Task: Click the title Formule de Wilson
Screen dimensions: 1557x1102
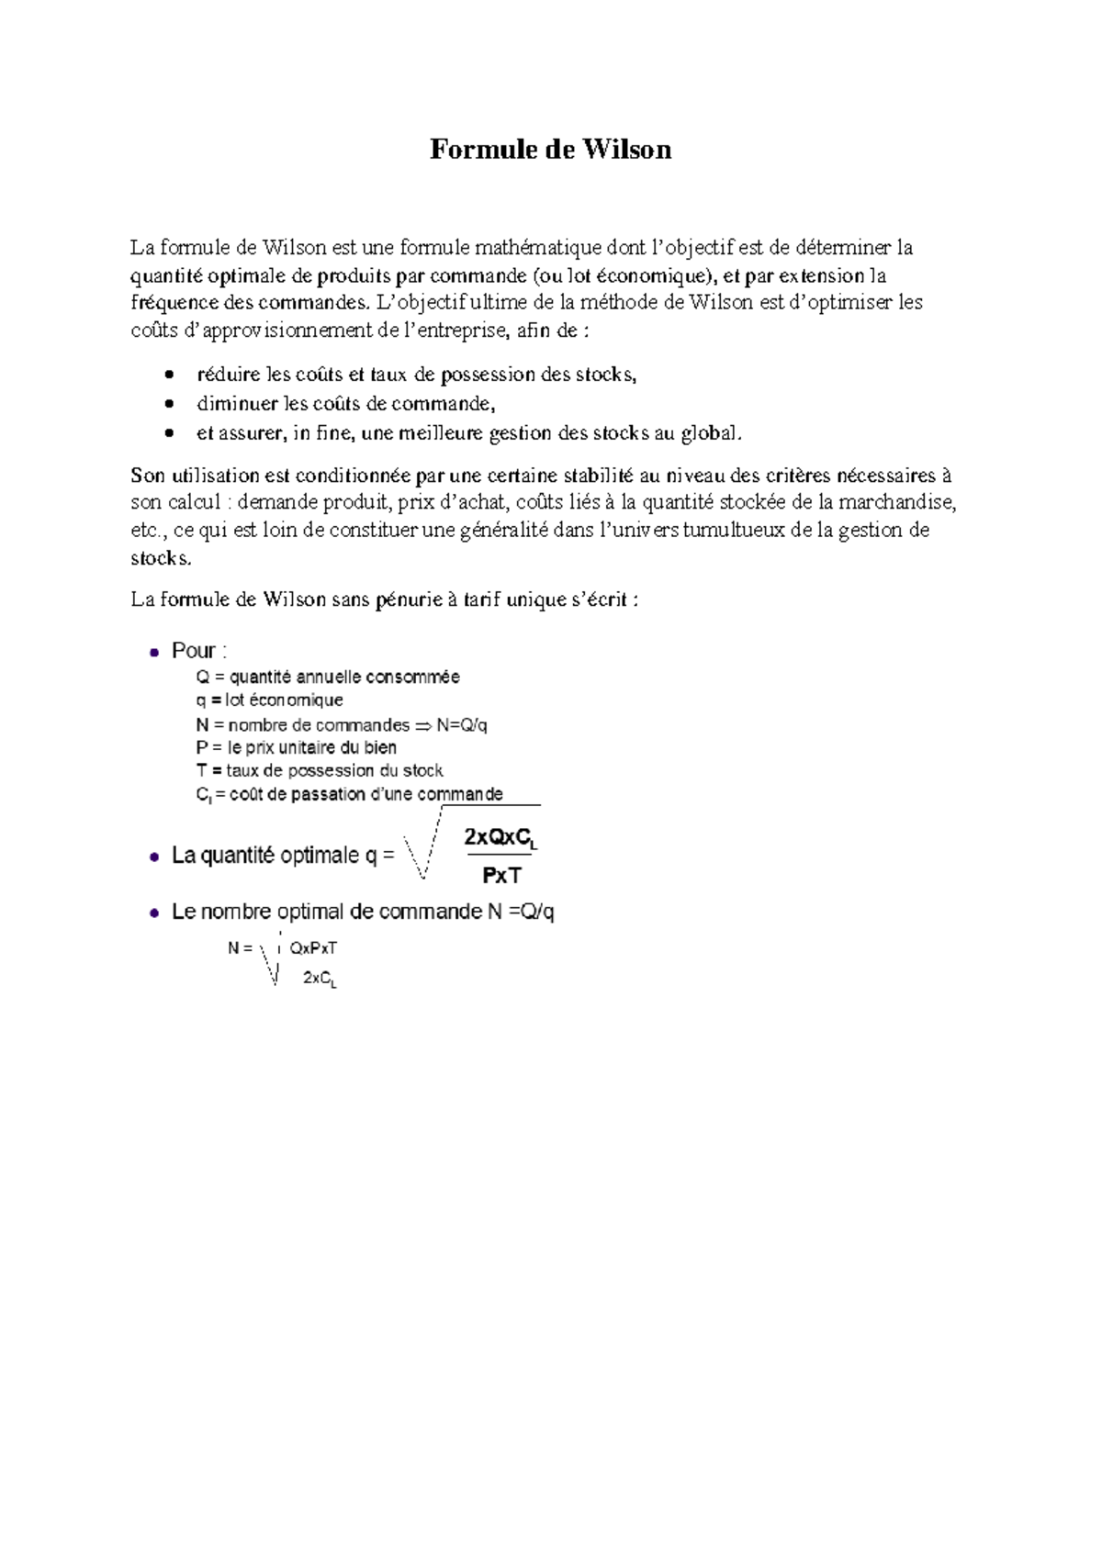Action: click(x=550, y=150)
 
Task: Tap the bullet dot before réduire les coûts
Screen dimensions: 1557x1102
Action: click(x=169, y=375)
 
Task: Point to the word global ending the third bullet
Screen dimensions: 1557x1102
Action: click(x=707, y=432)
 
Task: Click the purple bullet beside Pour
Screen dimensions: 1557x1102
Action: click(x=153, y=652)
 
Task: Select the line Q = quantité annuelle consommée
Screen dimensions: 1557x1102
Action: click(x=328, y=678)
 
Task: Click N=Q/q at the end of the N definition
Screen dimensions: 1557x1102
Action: click(x=462, y=725)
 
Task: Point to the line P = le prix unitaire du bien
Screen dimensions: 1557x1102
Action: click(x=296, y=748)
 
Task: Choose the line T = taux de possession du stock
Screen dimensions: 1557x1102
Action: click(x=319, y=771)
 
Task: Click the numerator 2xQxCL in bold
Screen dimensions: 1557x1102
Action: click(x=500, y=838)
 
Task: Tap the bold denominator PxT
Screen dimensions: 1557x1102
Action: click(x=501, y=876)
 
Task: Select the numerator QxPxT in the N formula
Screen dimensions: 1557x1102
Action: click(x=313, y=948)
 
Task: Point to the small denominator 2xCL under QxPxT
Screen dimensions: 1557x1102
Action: click(x=320, y=980)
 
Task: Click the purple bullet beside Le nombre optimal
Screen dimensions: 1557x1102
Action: click(x=153, y=913)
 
